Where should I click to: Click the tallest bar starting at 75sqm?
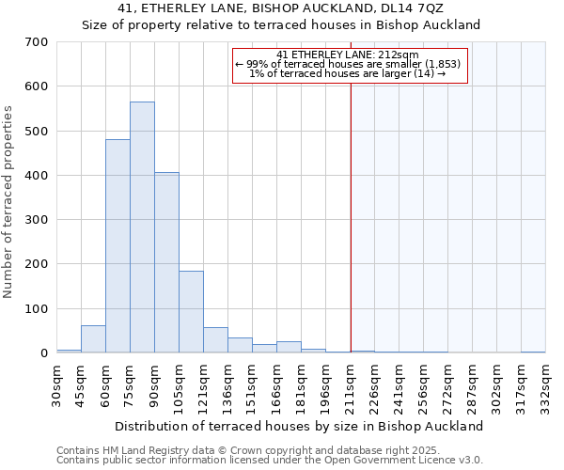[x=142, y=227]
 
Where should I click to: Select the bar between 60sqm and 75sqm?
[x=117, y=246]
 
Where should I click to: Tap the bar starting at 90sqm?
[x=166, y=263]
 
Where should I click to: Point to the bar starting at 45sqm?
[x=93, y=339]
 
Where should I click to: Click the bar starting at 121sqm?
[x=215, y=340]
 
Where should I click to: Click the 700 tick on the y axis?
[x=37, y=42]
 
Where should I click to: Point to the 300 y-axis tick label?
[x=37, y=220]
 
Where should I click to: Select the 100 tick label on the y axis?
[x=37, y=309]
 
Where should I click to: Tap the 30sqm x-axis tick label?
[x=57, y=384]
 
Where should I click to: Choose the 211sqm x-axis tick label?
[x=351, y=384]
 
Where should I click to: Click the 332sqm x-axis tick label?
[x=546, y=384]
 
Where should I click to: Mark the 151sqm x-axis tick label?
[x=253, y=384]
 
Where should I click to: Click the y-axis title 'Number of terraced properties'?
[x=8, y=201]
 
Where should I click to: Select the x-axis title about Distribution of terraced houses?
[x=301, y=426]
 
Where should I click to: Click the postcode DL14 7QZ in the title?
[x=411, y=8]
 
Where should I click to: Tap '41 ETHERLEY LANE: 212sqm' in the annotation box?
[x=349, y=55]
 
